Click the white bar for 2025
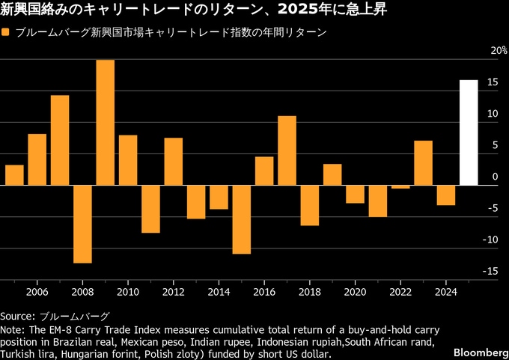pos(469,132)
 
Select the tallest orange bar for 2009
pos(106,123)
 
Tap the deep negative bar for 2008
pos(82,224)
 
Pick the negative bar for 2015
pos(241,219)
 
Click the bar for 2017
pos(287,150)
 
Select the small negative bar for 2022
pos(400,187)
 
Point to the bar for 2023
pos(423,162)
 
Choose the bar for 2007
pos(60,140)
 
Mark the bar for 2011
pos(150,209)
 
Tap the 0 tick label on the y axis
pos(495,177)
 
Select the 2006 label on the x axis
pos(37,291)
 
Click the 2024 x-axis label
pos(446,291)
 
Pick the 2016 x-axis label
pos(264,291)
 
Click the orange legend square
pos(6,33)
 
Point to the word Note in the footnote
pos(11,329)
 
